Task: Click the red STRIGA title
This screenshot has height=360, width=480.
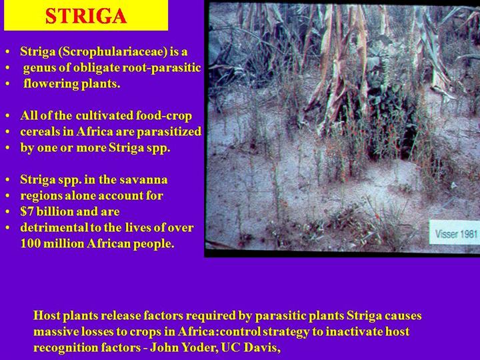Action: [x=86, y=16]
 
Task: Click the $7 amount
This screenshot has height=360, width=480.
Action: [x=27, y=211]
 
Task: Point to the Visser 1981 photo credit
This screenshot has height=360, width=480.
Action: [x=456, y=234]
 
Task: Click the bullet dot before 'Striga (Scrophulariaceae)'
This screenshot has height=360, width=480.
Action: [x=7, y=52]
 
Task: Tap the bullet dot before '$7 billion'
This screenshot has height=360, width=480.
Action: [x=7, y=212]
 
